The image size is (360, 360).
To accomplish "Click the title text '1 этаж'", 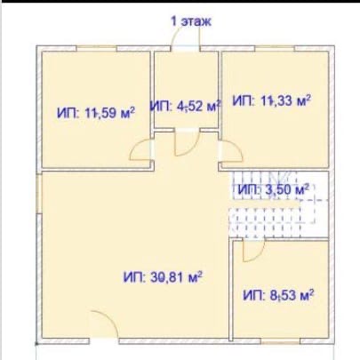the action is pos(191,21).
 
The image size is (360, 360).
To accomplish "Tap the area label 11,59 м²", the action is pos(96,113).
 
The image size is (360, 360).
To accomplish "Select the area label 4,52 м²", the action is pos(186,106).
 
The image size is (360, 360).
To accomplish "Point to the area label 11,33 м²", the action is pos(271,100).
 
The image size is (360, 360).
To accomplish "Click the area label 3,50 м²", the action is pos(274,189).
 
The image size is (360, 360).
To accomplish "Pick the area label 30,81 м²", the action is pos(163,277).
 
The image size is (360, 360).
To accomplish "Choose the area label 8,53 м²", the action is pos(278,295).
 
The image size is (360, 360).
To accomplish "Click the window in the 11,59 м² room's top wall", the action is pos(96,48).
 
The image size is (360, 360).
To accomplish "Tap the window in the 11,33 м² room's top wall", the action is pos(275,48).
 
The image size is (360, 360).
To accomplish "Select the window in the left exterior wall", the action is pos(39,194).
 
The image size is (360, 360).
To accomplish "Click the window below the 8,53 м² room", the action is pos(280,341).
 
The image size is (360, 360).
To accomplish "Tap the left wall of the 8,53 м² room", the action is pos(231,289).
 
